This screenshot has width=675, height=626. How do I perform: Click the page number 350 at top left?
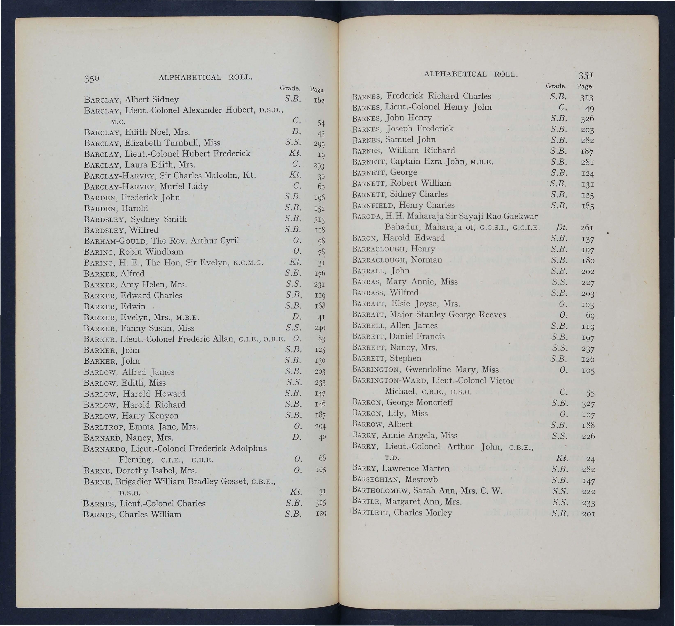(91, 79)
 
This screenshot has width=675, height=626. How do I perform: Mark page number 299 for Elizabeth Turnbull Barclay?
(319, 144)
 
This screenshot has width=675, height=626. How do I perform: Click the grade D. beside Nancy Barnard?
(296, 437)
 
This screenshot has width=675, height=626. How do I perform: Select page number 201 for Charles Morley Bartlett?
(588, 514)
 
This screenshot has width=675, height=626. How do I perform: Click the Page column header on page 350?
(317, 90)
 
